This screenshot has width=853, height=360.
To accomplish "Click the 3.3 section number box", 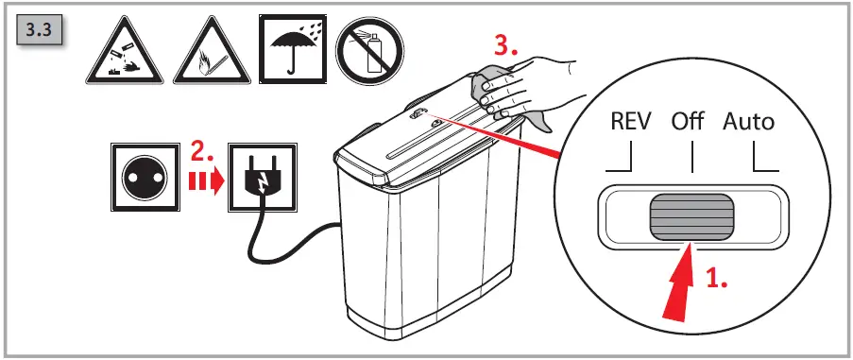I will coord(41,31).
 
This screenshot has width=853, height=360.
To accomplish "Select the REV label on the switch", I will coord(629,122).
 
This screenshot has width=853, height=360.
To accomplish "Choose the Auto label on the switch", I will coord(748,122).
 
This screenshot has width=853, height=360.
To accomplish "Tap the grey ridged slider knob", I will coord(691,215).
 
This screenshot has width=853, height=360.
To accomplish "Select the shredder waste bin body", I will coord(435,255).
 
